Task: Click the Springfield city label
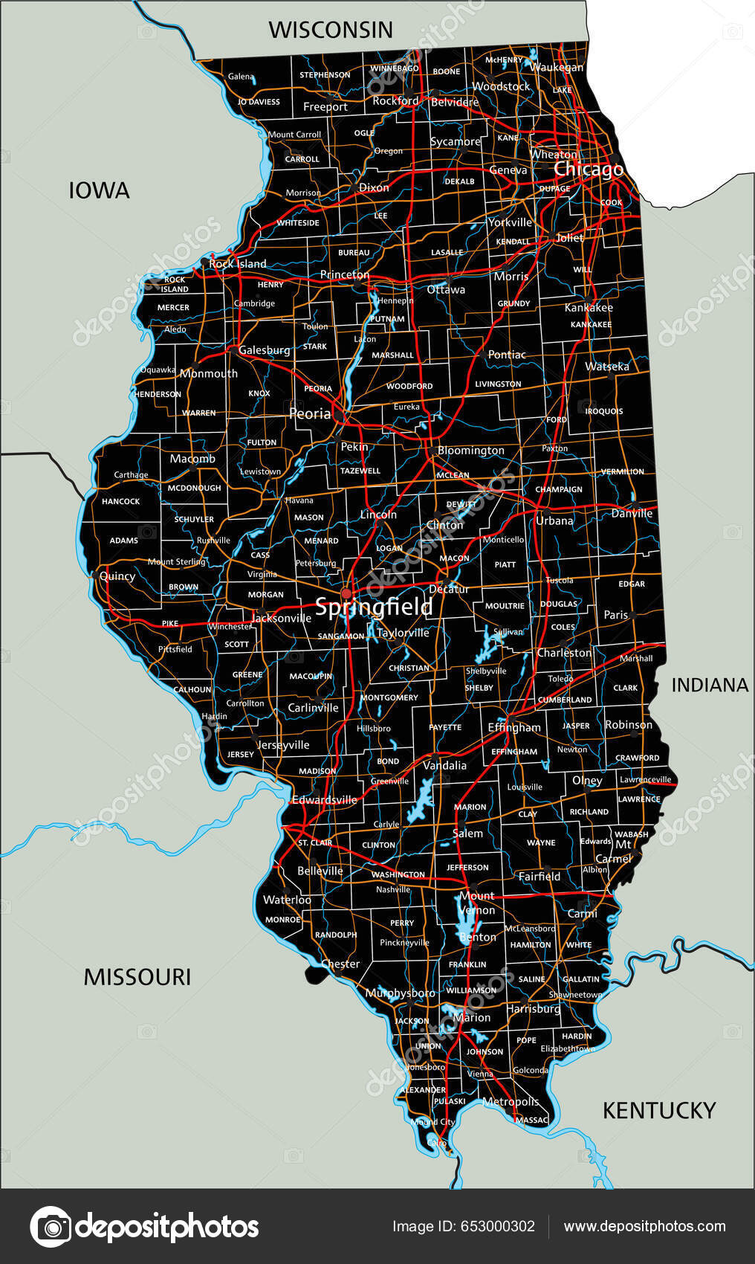374,607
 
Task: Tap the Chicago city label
589,170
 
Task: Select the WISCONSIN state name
331,30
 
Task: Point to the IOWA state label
99,190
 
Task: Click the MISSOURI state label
137,977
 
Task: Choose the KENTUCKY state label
658,1110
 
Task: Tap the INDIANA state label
710,685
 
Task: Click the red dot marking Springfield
346,593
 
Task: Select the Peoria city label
310,413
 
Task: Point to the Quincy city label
117,576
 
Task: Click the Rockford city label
395,100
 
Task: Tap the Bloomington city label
471,451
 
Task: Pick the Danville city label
632,514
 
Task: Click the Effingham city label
514,727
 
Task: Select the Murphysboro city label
401,993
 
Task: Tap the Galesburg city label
265,350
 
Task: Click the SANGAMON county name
341,636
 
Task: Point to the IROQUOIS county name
604,411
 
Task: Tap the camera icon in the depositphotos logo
51,1227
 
